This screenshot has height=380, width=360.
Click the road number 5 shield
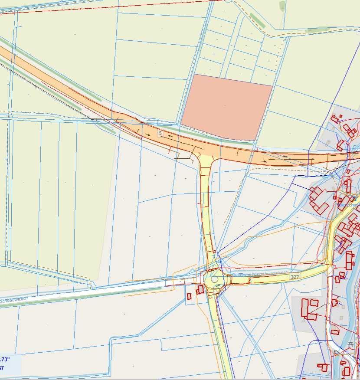tap(160, 133)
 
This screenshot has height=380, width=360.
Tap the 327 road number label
tap(295, 277)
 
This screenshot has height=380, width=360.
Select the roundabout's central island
tap(214, 280)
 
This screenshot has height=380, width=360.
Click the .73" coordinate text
tap(5, 359)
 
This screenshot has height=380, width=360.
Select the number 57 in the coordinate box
tap(2, 368)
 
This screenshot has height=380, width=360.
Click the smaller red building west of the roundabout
tap(189, 296)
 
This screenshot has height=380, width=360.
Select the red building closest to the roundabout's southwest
tap(200, 289)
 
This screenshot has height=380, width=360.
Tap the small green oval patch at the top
tap(282, 6)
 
